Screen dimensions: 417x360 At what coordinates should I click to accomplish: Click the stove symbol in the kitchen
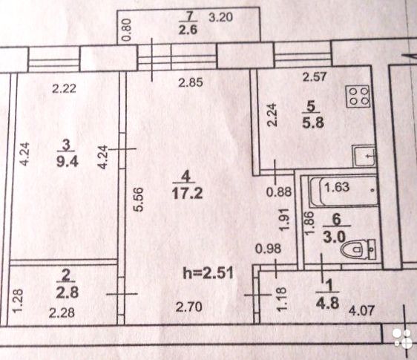(x=358, y=96)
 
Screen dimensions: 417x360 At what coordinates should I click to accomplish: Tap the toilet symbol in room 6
(x=358, y=249)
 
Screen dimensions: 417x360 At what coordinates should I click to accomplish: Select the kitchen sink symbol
(x=364, y=156)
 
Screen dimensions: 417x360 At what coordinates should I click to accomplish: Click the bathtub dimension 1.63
(x=337, y=187)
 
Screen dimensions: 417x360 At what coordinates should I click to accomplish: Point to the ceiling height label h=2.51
(x=208, y=272)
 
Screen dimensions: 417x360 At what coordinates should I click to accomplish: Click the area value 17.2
(x=187, y=193)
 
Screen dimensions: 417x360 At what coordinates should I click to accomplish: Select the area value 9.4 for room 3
(x=68, y=162)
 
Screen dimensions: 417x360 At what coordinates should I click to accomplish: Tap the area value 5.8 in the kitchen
(x=313, y=123)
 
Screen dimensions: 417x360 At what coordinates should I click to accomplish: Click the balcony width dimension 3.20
(x=220, y=18)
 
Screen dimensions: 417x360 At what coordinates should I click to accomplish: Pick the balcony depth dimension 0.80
(x=127, y=30)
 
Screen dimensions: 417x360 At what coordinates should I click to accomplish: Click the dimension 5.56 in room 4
(x=139, y=199)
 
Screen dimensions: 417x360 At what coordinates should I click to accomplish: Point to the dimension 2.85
(x=191, y=82)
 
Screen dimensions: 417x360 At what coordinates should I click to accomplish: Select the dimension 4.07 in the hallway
(x=361, y=310)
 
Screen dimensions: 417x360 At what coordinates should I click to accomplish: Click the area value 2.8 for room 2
(x=68, y=292)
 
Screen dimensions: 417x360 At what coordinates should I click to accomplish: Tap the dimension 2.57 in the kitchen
(x=315, y=77)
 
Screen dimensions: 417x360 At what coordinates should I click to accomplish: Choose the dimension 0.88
(x=279, y=192)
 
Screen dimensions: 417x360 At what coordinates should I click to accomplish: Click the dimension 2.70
(x=188, y=307)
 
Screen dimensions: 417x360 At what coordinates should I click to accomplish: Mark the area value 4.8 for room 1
(x=328, y=303)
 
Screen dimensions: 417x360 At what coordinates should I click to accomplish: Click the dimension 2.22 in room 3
(x=64, y=88)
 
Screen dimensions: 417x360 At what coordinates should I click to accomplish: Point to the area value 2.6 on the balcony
(x=188, y=30)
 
